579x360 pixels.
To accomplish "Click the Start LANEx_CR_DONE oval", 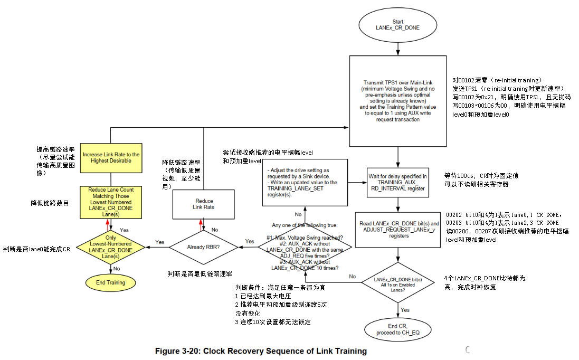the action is coord(397,25).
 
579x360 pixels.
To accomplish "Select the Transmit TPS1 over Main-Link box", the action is coord(397,101).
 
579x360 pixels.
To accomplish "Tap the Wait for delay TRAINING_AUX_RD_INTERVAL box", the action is coord(397,183).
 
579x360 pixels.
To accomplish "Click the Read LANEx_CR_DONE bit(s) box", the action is coord(397,230).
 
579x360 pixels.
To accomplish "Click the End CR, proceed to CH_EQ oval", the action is coord(397,329).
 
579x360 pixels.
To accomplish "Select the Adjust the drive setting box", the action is coord(305,183).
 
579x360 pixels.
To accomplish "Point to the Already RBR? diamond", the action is coord(203,247).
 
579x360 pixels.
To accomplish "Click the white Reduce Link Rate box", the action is coord(203,204).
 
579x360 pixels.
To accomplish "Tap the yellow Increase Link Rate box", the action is coord(111,158).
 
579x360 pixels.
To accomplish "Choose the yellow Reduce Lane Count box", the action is coord(111,202).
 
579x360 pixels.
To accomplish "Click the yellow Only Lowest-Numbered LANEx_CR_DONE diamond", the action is coord(111,247).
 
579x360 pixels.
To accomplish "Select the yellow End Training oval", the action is coord(111,282).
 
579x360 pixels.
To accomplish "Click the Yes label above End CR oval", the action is coord(405,310).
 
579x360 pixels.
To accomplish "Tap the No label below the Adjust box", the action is coord(298,214).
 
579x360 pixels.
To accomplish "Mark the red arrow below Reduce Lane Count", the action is coord(108,225).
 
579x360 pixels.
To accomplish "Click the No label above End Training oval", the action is coord(117,269).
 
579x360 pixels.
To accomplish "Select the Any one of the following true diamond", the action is coord(305,247).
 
